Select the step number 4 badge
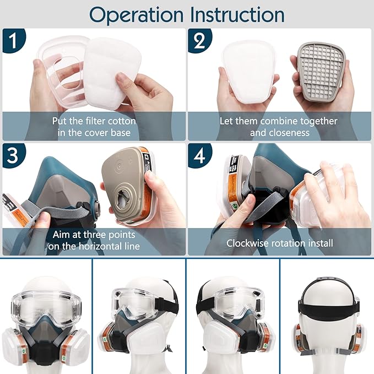[197, 156]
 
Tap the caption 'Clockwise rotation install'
[280, 242]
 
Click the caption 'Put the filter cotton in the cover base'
[94, 126]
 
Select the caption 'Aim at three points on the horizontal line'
[94, 242]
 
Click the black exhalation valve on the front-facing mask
[46, 347]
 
